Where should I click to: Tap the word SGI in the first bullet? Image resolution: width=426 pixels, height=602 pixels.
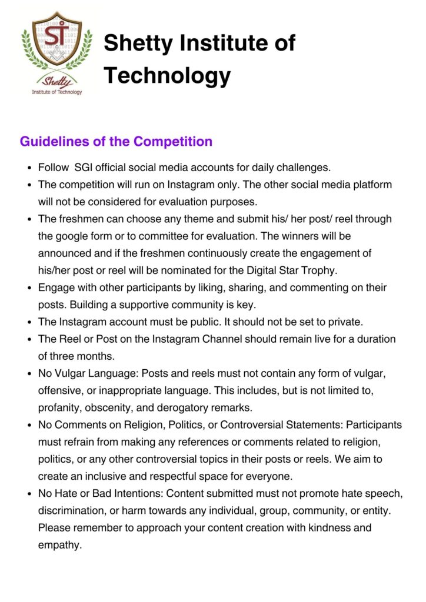[x=86, y=168]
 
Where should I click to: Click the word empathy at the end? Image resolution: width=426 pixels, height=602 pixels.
[x=59, y=545]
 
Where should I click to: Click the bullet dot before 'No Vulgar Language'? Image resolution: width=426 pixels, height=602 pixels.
[x=29, y=373]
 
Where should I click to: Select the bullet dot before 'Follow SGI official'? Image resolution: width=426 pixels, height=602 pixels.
[x=29, y=168]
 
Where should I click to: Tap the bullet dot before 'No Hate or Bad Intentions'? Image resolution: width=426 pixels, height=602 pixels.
[x=29, y=493]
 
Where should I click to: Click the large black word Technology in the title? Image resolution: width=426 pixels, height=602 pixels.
[x=167, y=75]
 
